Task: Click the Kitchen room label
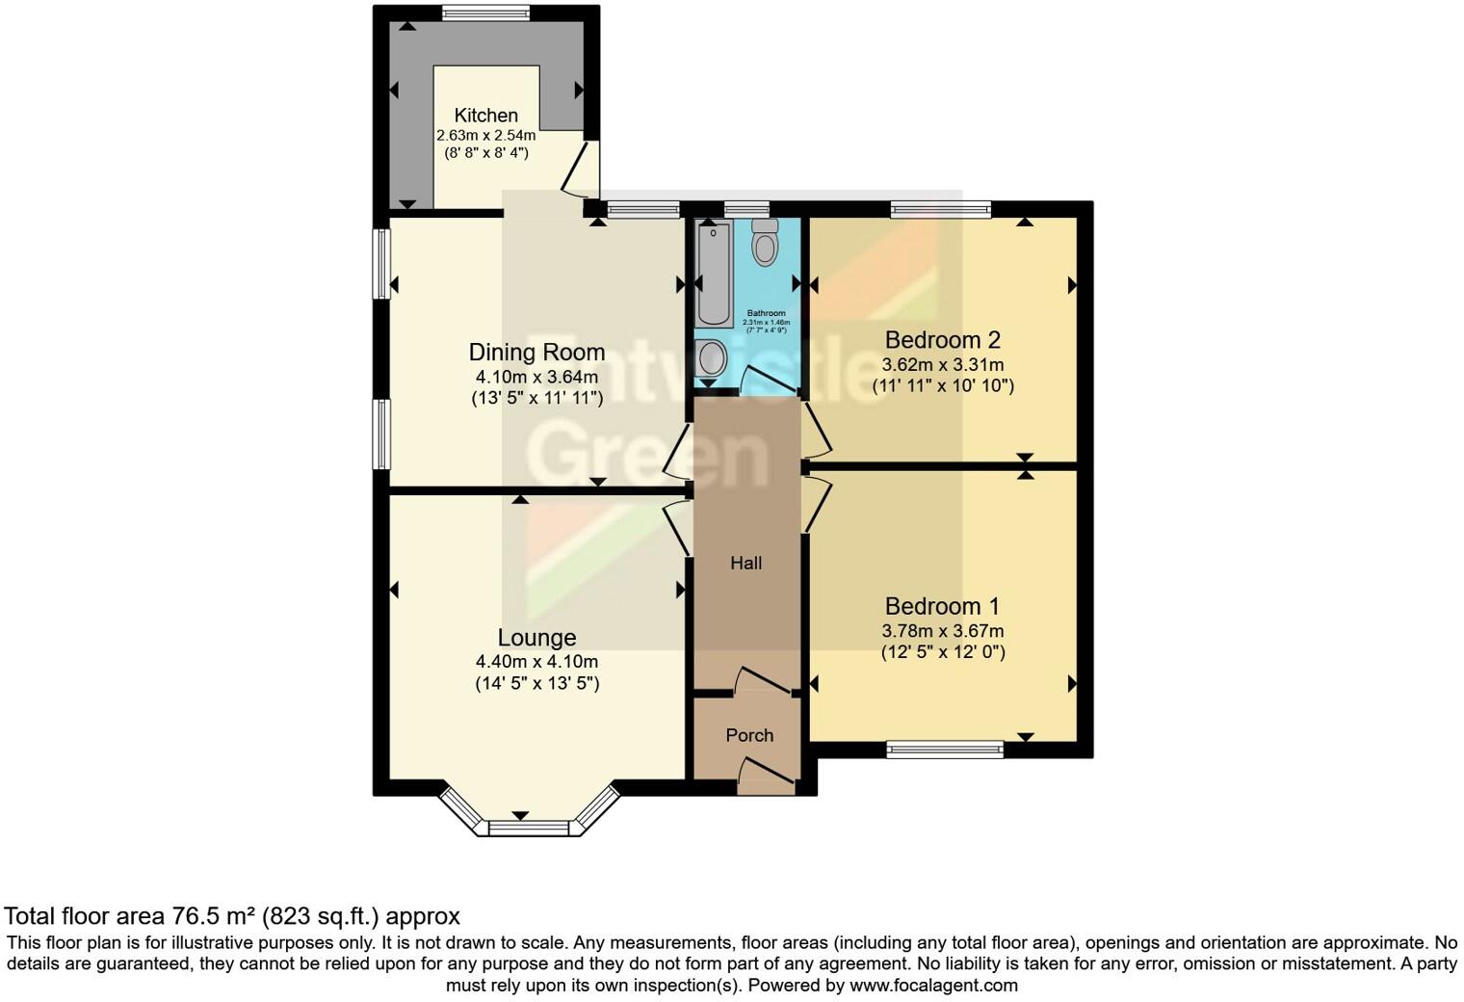[485, 115]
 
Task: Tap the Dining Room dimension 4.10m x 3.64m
[536, 377]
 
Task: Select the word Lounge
[536, 638]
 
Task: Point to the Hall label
[745, 564]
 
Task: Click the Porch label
[749, 735]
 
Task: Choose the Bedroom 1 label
[942, 606]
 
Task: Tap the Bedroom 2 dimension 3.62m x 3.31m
[942, 365]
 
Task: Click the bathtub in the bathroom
[714, 273]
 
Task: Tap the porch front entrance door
[767, 776]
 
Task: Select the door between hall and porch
[764, 678]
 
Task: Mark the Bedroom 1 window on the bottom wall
[945, 749]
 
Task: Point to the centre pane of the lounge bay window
[529, 827]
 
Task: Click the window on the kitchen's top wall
[485, 13]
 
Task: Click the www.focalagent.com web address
[932, 986]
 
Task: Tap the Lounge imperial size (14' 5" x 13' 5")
[536, 684]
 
